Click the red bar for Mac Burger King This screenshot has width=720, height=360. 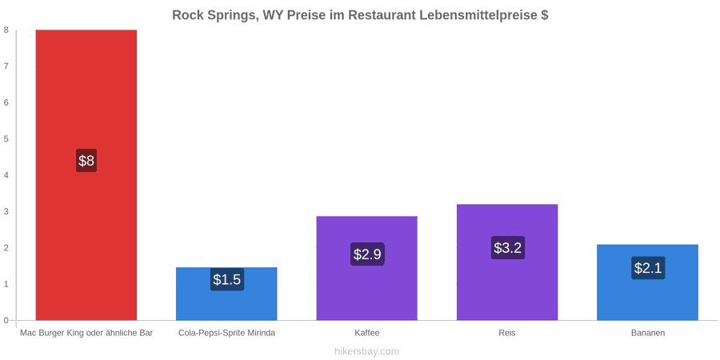(x=86, y=175)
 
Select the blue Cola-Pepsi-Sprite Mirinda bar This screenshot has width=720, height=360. (x=226, y=294)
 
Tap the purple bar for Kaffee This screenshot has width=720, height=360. (x=367, y=268)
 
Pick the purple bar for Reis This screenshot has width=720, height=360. (x=507, y=262)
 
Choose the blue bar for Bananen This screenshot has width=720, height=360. (x=647, y=282)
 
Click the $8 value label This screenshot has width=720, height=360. (x=86, y=161)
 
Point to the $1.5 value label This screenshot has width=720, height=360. (x=227, y=279)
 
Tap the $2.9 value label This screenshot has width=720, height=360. (x=367, y=254)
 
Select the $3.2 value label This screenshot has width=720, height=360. (x=507, y=248)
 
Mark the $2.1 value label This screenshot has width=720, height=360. (x=648, y=268)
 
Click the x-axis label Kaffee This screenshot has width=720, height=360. (x=367, y=333)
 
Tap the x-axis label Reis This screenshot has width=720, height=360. (x=507, y=333)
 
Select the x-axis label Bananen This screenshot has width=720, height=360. (x=647, y=333)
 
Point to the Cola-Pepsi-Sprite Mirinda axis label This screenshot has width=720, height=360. (x=227, y=333)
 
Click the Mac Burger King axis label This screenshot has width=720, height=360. (x=86, y=333)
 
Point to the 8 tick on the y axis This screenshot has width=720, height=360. (x=6, y=30)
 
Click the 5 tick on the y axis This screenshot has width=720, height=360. (x=6, y=139)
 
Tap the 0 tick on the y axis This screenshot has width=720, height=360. (x=6, y=321)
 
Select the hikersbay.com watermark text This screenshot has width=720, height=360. (x=367, y=351)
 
